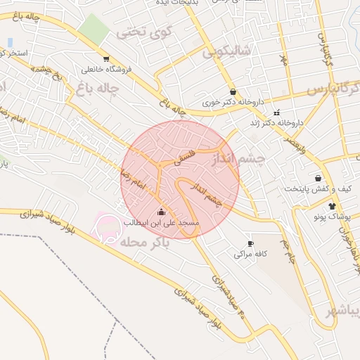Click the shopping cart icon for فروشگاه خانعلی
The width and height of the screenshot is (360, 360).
click(x=105, y=59)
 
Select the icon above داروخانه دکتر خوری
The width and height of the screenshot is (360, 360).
click(x=233, y=91)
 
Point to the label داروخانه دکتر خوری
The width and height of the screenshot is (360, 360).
click(x=232, y=102)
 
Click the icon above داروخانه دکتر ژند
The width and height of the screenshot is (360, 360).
click(x=276, y=112)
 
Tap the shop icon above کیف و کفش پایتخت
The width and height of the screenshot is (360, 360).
click(x=319, y=178)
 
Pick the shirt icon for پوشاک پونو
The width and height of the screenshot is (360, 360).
click(x=333, y=206)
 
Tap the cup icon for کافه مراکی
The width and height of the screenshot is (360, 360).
click(x=251, y=243)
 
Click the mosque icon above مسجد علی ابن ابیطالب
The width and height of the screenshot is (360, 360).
click(x=161, y=212)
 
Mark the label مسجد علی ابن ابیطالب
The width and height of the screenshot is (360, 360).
click(x=162, y=222)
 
